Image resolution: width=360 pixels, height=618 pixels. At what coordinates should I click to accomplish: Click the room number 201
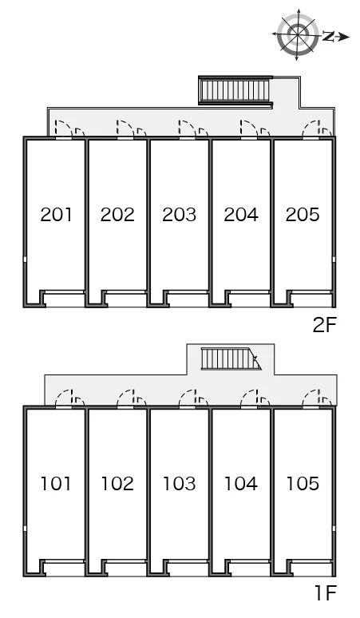(57, 215)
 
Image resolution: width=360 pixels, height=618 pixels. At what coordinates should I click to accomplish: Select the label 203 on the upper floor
(180, 215)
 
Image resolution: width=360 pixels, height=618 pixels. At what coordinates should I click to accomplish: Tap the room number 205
(303, 215)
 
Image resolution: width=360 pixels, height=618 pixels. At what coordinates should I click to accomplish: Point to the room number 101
(57, 484)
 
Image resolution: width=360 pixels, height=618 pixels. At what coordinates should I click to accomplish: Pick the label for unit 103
(180, 484)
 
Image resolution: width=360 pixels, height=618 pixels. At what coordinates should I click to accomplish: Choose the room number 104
(240, 484)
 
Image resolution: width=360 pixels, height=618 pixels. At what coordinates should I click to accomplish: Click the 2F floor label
(324, 325)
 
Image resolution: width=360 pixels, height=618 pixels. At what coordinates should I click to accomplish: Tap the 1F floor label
(326, 592)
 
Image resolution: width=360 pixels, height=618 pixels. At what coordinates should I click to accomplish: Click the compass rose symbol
(298, 35)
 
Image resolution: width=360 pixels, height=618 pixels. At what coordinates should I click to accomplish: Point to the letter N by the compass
(328, 37)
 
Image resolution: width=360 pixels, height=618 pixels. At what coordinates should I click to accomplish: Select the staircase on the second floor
(235, 91)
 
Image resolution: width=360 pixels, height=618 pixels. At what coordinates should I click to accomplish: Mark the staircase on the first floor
(231, 359)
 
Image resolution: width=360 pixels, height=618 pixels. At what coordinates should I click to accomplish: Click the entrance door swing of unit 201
(63, 129)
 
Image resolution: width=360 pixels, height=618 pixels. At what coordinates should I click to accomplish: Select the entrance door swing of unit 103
(187, 398)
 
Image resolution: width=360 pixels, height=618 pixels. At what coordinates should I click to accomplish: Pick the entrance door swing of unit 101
(63, 398)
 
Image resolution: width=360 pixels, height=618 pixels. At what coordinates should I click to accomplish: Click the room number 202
(117, 215)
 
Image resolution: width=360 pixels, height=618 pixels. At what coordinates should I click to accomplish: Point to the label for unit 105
(303, 484)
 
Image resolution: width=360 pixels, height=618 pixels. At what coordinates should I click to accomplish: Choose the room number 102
(117, 484)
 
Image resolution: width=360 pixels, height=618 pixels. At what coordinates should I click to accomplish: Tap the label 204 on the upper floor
(241, 215)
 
